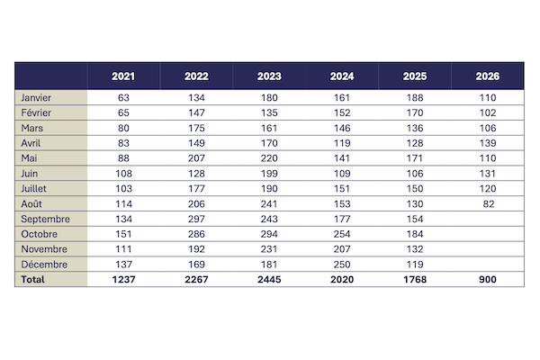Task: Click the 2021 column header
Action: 123,76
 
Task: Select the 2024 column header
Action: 342,76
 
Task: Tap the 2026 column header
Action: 488,76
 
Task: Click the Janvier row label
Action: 36,98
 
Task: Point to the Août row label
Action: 31,204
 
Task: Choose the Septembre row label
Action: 46,219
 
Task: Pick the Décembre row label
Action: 44,265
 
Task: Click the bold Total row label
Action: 32,279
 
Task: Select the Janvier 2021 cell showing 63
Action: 123,98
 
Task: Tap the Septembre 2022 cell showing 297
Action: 196,219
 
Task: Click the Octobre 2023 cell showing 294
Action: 269,234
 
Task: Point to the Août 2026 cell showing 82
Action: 489,204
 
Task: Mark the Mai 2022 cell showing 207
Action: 196,158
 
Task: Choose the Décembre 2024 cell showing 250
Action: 342,265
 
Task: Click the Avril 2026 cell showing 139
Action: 488,143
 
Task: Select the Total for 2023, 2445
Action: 269,279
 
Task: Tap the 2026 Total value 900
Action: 488,279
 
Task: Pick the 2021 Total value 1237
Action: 123,279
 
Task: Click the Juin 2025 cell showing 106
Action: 415,174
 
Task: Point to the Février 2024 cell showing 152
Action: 342,113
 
